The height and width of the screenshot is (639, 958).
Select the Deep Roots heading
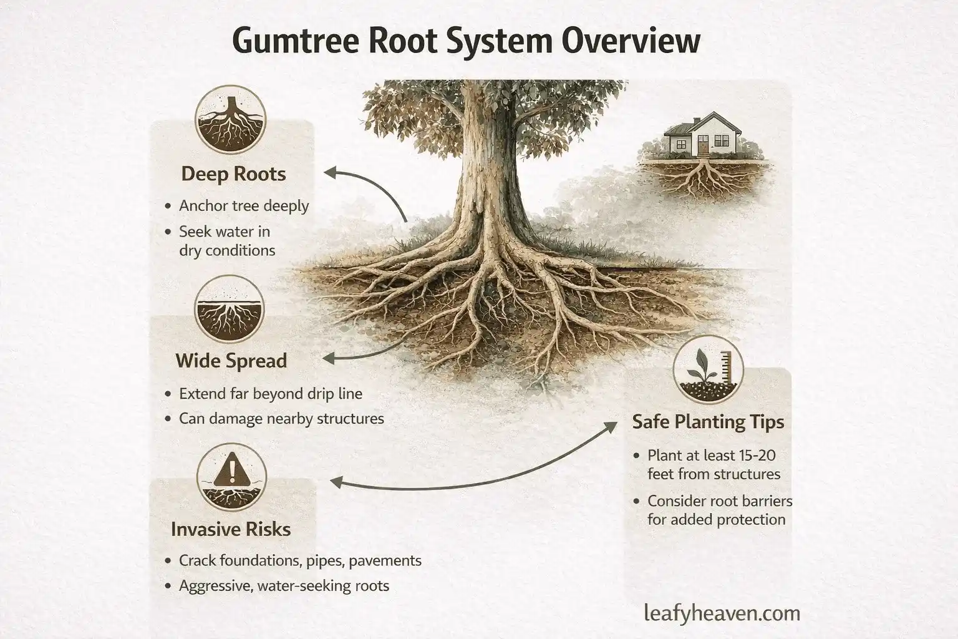coord(233,173)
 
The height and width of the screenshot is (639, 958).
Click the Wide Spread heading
coord(231,361)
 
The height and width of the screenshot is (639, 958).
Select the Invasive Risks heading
coord(231,529)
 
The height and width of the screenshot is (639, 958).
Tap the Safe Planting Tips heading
coord(708,422)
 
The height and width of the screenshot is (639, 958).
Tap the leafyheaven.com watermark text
coord(722,613)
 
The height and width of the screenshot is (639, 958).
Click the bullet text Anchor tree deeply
coord(244,206)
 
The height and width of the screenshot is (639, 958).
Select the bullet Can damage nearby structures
coord(281,418)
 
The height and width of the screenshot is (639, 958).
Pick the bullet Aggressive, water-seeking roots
coord(284,586)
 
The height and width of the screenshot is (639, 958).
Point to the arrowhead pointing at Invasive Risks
coord(334,482)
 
